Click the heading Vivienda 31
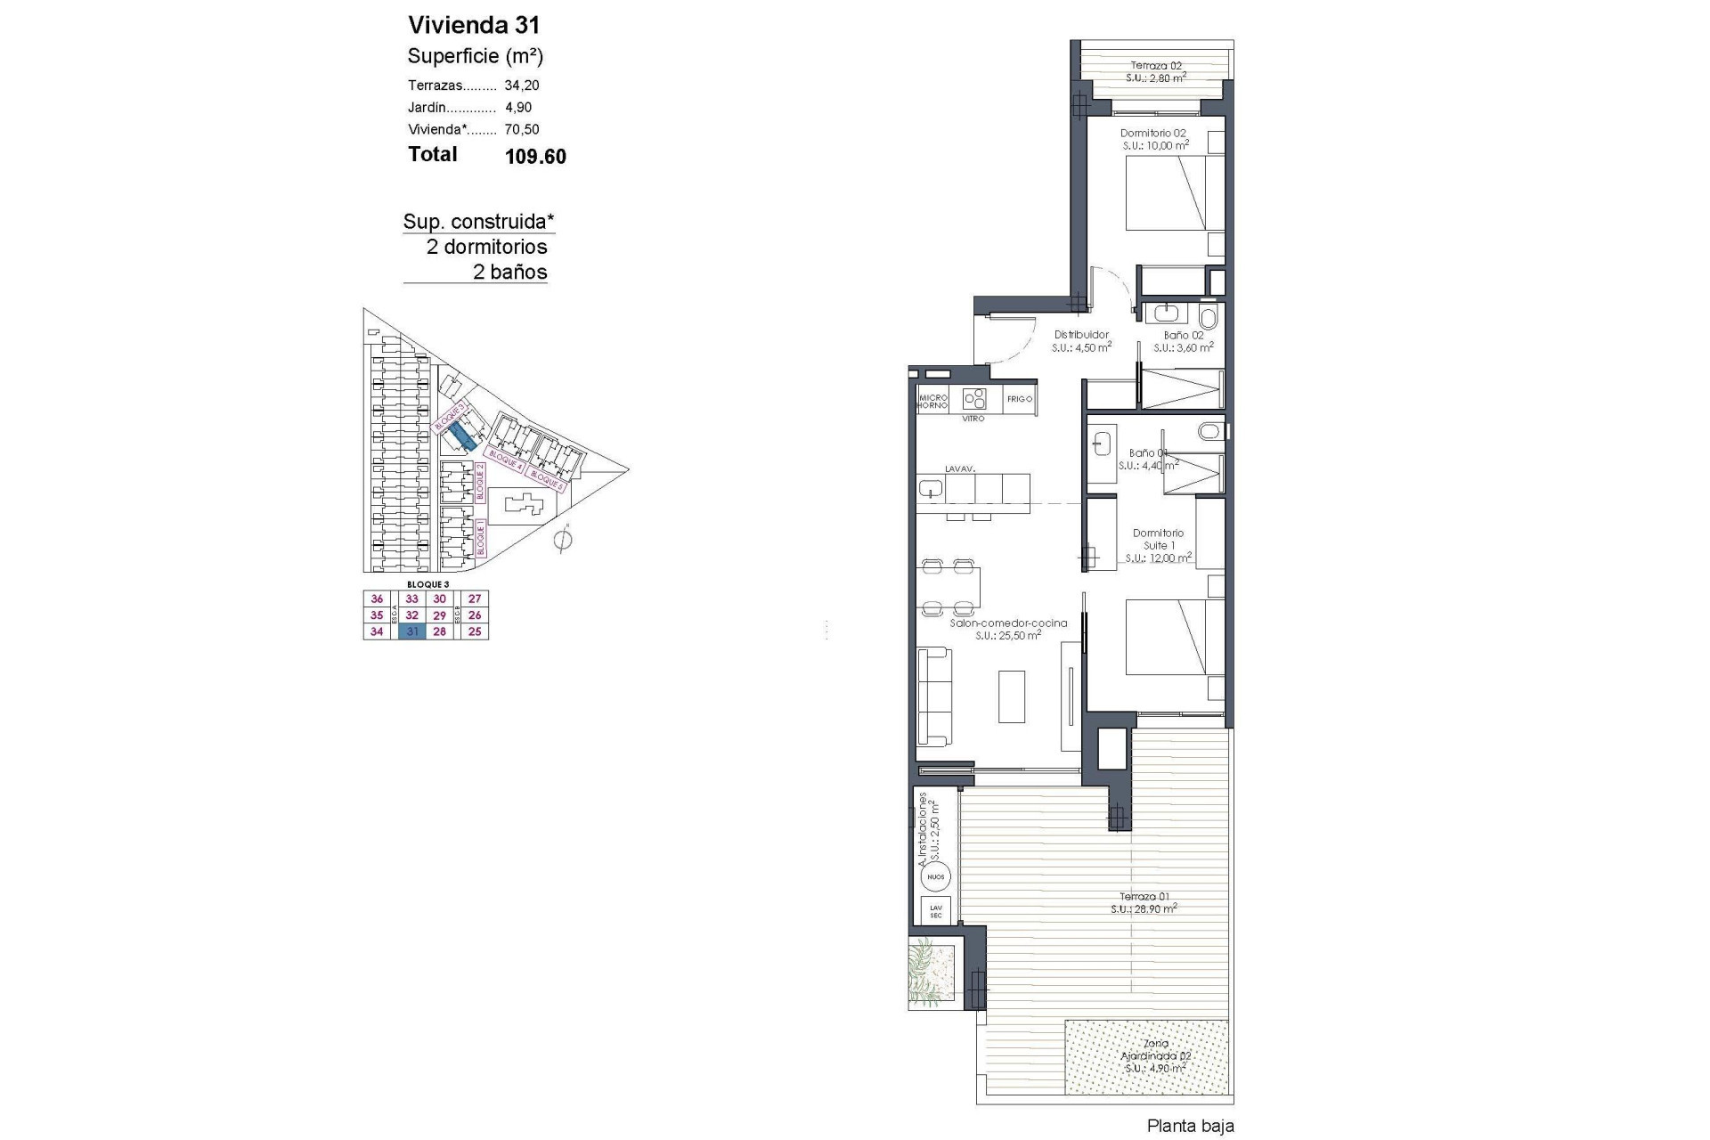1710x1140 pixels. coord(474,25)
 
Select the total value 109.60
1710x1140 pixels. coord(535,157)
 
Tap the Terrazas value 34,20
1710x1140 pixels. coord(522,85)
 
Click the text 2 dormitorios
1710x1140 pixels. coord(486,247)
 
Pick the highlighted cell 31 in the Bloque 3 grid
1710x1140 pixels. coord(412,631)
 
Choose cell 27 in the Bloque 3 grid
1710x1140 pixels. coord(475,599)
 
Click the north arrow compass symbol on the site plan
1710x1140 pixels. coord(562,540)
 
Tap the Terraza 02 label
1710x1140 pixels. coord(1156,65)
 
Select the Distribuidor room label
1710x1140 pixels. coord(1081,335)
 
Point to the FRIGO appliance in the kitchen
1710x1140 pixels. coord(1019,399)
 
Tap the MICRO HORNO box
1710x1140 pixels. coord(932,402)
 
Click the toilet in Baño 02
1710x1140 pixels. coord(1209,317)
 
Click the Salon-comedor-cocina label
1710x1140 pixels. coord(1007,623)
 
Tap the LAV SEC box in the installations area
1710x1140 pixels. coord(935,911)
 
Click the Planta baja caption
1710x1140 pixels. coord(1190,1126)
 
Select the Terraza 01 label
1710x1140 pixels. coord(1144,897)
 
